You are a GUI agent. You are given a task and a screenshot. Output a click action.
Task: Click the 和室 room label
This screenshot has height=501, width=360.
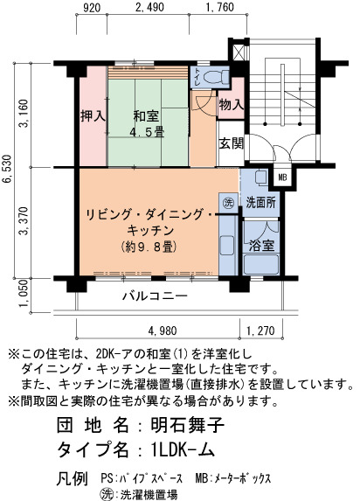(146, 115)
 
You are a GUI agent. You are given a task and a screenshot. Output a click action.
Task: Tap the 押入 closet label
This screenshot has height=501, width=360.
(93, 115)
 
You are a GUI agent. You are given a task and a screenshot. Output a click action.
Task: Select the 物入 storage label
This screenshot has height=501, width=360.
(232, 104)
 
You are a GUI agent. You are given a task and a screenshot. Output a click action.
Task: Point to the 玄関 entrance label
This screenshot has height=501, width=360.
(232, 143)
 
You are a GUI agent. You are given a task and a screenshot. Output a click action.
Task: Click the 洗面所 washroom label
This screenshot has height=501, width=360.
(260, 202)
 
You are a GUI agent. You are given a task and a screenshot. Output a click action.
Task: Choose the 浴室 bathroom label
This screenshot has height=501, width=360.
(261, 246)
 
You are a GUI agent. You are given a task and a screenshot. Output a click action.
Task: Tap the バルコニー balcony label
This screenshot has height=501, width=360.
(156, 296)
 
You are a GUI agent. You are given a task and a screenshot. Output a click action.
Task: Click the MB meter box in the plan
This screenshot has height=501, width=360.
(283, 177)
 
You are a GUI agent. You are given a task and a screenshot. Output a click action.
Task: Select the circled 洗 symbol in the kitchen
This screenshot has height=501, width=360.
(228, 203)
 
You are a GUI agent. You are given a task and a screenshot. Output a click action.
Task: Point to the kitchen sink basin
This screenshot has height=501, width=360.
(227, 246)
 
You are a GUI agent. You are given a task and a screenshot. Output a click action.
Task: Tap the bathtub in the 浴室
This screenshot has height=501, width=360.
(261, 264)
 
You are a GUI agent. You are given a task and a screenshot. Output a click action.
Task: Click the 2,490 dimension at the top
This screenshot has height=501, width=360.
(149, 7)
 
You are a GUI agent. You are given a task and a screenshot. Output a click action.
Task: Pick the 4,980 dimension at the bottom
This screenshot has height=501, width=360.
(163, 331)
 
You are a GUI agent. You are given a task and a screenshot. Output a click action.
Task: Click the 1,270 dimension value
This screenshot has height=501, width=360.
(260, 331)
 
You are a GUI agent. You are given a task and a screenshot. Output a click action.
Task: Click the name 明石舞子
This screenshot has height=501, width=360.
(188, 425)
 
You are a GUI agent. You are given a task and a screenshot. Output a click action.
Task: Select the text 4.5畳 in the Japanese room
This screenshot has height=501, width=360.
(147, 132)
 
